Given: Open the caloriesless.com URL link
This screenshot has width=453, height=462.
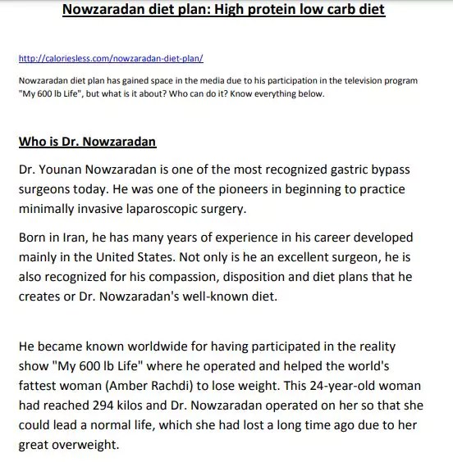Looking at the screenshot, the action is (x=111, y=60).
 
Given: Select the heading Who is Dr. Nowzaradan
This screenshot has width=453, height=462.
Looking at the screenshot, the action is (x=87, y=141).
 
